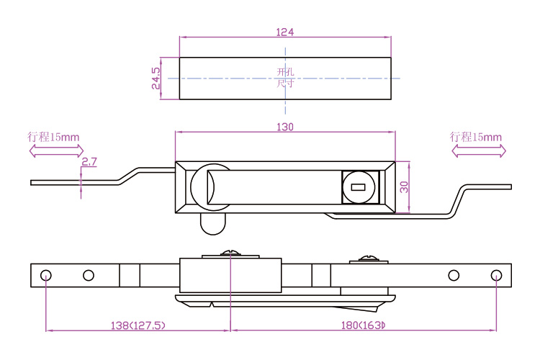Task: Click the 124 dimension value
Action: point(285,32)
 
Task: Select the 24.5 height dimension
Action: point(156,78)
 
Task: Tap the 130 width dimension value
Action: point(285,127)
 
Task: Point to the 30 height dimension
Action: point(404,187)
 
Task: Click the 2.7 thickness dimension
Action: point(89,161)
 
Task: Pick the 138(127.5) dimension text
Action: point(138,325)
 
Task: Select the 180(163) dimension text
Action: point(363,325)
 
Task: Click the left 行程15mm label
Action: point(53,137)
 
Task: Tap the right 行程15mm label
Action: point(476,137)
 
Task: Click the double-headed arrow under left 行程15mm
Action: point(56,151)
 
